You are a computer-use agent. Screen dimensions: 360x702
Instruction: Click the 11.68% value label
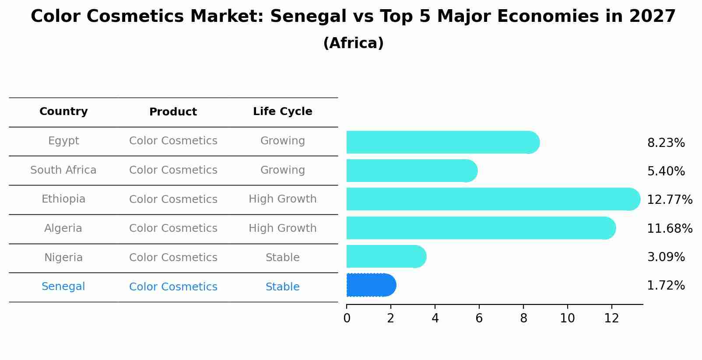tap(670, 228)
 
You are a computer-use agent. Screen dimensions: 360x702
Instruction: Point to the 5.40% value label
tap(666, 171)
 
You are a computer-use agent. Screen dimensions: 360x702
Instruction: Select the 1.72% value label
tap(666, 286)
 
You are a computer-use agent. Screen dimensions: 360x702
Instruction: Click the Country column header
tap(63, 112)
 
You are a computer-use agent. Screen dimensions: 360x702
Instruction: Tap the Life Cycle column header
tap(282, 112)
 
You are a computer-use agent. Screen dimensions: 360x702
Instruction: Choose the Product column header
tap(173, 112)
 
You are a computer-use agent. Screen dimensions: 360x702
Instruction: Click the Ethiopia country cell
tap(63, 199)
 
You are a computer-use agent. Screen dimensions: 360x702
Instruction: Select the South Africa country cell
tap(63, 170)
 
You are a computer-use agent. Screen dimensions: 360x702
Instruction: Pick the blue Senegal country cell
tap(63, 287)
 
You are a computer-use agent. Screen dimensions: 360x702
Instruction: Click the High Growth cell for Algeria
tap(282, 228)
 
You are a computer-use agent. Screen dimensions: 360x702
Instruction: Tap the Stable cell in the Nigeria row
tap(282, 258)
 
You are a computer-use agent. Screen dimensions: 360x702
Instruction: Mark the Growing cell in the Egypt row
tap(282, 141)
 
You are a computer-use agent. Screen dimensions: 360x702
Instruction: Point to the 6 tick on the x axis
tap(479, 318)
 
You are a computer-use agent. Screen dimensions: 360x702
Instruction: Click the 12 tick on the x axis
tap(611, 318)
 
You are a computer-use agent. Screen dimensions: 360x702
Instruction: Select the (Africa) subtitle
tap(353, 43)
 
